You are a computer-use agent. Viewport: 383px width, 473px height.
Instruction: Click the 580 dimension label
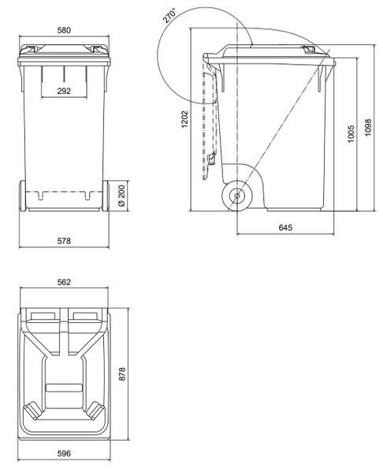[x=65, y=31]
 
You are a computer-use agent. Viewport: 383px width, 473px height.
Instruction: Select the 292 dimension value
[x=65, y=92]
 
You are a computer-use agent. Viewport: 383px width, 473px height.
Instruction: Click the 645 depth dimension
[x=287, y=228]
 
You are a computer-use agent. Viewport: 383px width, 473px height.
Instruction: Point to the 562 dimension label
[x=65, y=282]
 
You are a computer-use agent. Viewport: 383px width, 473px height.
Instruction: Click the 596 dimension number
[x=65, y=454]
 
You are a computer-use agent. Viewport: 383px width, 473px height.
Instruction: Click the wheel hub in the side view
[x=236, y=196]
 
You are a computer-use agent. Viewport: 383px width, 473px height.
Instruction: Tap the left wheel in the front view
[x=23, y=195]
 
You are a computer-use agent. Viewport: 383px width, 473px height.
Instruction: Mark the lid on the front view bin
[x=65, y=51]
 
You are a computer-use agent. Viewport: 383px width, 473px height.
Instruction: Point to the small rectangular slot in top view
[x=65, y=387]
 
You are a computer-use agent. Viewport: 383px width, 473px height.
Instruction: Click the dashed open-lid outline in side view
[x=210, y=118]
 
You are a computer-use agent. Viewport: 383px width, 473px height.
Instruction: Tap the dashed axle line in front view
[x=65, y=191]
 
